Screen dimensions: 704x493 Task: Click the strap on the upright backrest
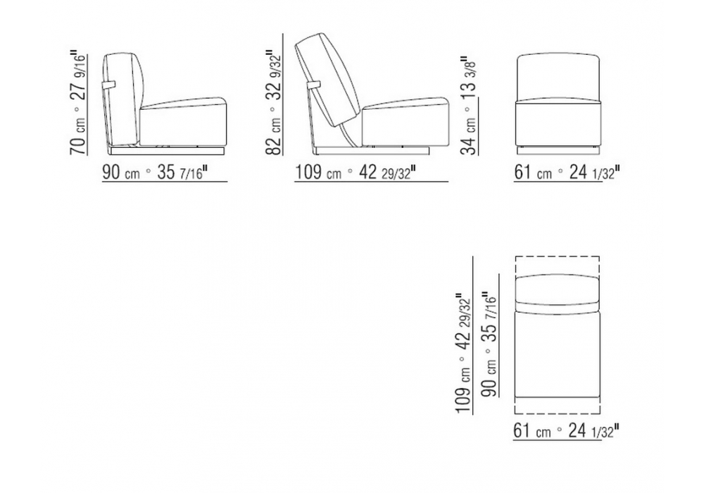tap(109, 85)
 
